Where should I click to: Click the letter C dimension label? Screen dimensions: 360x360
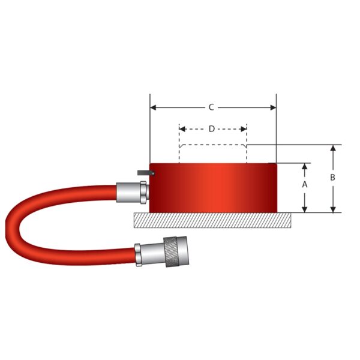click(211, 108)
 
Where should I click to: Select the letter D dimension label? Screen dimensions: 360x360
click(211, 129)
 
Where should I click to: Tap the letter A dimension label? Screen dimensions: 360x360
click(305, 185)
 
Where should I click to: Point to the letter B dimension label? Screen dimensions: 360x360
click(333, 178)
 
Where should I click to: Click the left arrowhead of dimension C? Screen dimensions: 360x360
click(153, 108)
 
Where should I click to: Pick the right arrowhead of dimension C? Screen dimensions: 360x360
click(273, 108)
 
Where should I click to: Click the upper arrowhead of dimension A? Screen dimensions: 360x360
click(305, 166)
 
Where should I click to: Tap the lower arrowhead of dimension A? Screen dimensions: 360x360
click(305, 209)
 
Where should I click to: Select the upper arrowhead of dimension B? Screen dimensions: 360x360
click(333, 148)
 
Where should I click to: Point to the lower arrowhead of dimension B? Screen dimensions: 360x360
click(333, 209)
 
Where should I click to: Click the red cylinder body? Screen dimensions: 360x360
click(213, 187)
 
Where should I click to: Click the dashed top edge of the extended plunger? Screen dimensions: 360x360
click(213, 145)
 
